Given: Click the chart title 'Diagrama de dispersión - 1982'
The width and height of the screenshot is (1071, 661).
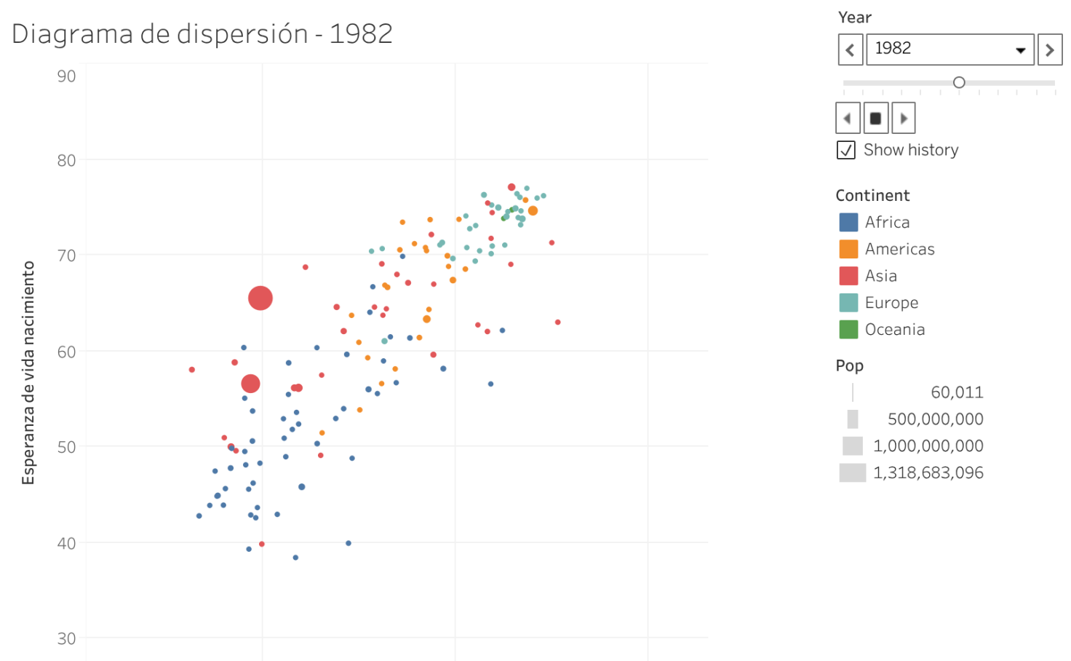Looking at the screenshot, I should point(202,34).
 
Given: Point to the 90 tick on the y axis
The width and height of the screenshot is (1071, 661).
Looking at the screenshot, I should point(66,76).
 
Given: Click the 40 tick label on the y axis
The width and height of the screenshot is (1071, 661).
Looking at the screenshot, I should point(66,543).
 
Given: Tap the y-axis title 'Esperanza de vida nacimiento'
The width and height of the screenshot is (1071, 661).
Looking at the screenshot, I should point(28,373).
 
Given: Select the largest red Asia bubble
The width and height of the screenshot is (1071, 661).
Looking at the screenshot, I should point(260,298).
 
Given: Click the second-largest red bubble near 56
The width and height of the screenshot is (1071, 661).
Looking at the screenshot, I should point(250,384).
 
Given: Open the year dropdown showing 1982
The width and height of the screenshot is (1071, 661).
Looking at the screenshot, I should point(949,50).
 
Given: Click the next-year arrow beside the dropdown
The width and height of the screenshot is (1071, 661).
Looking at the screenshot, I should point(1049,50).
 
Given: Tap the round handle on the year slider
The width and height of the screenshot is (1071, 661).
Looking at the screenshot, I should point(959,82).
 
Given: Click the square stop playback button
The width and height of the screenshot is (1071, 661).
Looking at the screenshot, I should point(876,118).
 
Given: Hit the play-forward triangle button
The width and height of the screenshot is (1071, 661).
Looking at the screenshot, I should point(904,118).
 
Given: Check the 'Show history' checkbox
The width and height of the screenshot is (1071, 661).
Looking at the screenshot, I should point(846,150).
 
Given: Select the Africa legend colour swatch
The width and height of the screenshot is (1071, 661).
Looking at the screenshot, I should point(848,222).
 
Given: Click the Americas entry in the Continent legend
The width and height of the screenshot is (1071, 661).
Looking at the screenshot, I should point(899,249).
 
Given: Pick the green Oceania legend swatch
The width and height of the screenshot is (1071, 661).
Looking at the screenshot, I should point(848,330).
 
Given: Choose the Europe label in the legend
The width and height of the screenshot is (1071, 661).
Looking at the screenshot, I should point(891,303).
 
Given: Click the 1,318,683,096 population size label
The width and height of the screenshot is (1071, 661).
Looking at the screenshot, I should point(928,473).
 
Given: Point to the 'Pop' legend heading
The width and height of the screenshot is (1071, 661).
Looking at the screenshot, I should point(849,365).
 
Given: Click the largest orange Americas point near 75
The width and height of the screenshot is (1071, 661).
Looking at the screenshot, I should point(533,211).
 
